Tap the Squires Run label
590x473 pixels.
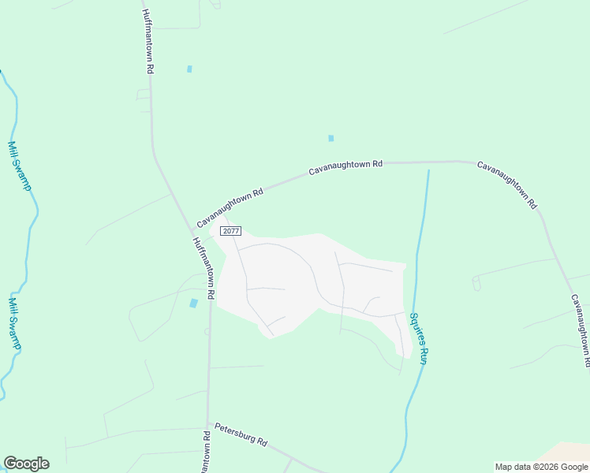click(417, 338)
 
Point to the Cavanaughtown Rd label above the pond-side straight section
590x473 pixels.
click(345, 167)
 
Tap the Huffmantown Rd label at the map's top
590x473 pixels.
click(147, 41)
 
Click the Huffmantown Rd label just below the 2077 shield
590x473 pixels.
click(204, 267)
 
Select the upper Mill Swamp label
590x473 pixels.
click(18, 165)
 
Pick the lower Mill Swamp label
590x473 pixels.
click(15, 322)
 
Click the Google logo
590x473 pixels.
click(26, 464)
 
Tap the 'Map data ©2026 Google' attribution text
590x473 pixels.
click(541, 467)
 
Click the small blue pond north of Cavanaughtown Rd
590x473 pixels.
click(330, 139)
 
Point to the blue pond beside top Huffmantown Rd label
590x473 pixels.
click(189, 69)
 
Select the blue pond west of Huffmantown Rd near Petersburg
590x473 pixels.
click(194, 304)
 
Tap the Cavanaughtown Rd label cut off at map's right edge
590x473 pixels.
click(581, 330)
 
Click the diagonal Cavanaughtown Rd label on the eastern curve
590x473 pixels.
click(507, 184)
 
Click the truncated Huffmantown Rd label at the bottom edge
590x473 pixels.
click(206, 453)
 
